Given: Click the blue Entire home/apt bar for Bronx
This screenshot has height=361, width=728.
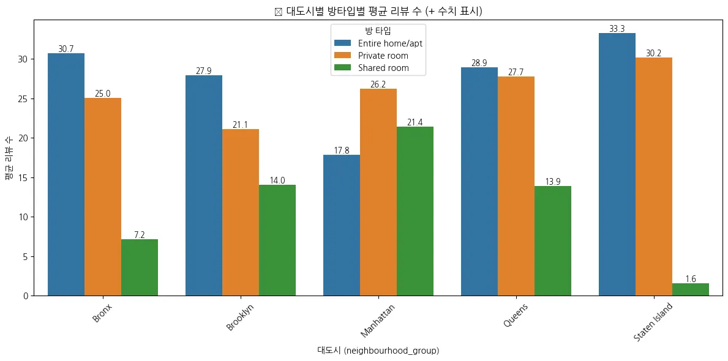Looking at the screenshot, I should tap(66, 174).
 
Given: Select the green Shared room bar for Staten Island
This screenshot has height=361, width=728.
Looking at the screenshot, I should tap(691, 289).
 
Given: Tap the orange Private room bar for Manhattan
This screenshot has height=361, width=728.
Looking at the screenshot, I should tap(378, 192).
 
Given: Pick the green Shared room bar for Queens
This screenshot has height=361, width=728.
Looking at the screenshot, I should tap(553, 240).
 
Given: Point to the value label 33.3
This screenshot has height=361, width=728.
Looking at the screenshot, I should tap(617, 29).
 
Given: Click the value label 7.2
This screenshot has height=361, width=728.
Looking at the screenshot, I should tap(140, 235).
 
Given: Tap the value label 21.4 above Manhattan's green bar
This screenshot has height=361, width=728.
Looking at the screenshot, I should tap(415, 123).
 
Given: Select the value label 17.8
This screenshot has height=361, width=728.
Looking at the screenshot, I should tap(342, 151).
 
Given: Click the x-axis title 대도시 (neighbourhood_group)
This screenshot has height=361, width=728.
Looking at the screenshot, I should tap(378, 351).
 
